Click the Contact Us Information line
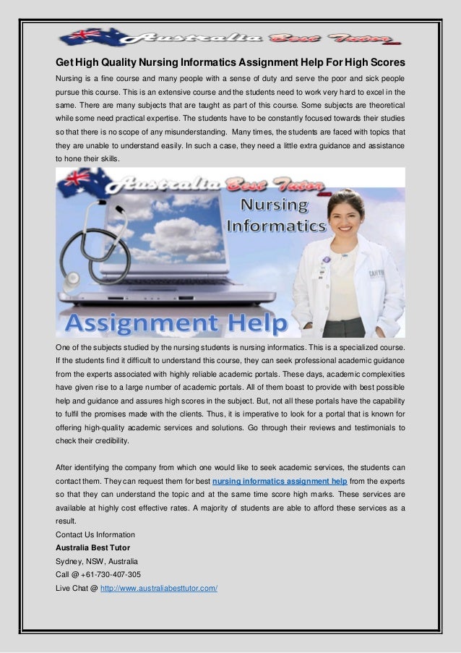click(95, 534)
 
